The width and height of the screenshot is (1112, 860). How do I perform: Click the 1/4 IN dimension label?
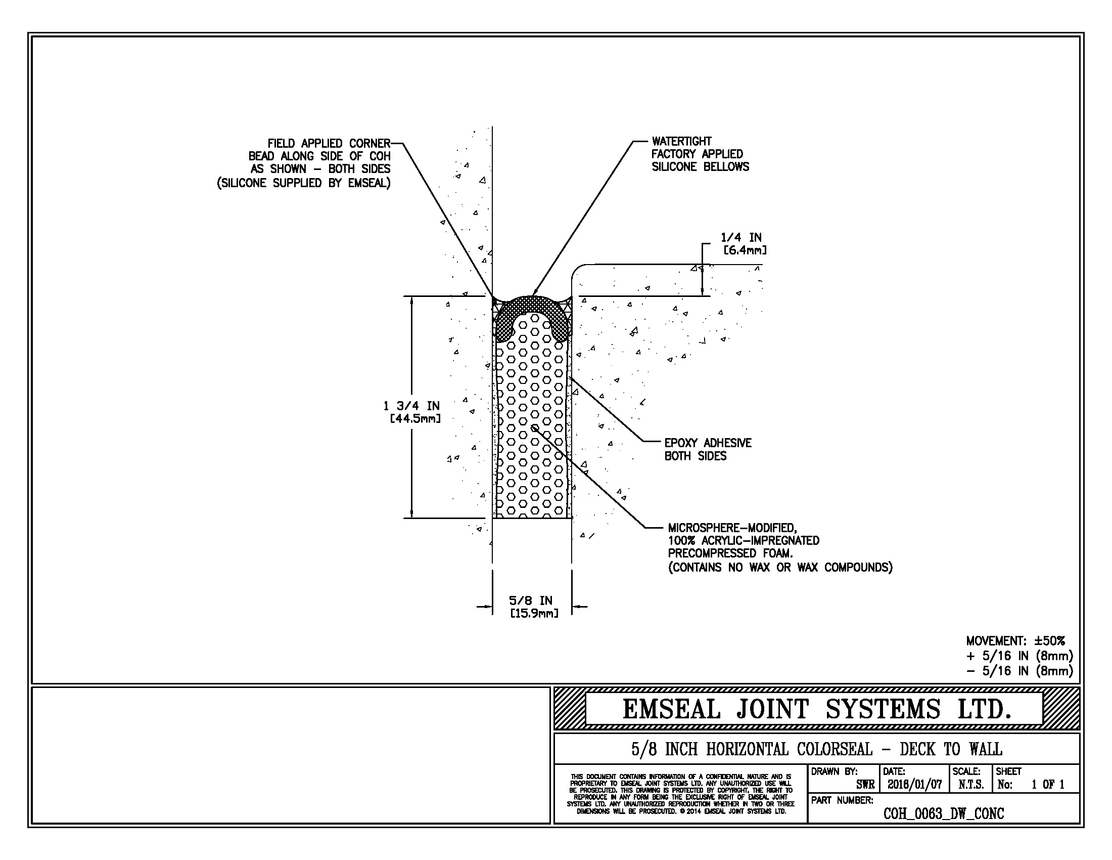tap(741, 237)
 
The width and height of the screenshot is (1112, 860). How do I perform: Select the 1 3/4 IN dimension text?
tap(411, 406)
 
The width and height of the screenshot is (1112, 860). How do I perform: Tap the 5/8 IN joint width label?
tap(531, 600)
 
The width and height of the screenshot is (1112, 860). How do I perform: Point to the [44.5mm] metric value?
tap(415, 419)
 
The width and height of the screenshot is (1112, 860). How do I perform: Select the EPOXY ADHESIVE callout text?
tap(708, 443)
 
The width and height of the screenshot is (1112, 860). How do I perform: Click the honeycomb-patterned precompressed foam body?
tap(532, 428)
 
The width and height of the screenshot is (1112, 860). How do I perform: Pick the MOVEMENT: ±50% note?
tap(1015, 641)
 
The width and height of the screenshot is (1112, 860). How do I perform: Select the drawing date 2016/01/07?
tap(914, 785)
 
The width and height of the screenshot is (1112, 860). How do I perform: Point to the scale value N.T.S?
tap(971, 785)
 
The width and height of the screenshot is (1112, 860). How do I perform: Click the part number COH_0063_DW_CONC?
tap(944, 813)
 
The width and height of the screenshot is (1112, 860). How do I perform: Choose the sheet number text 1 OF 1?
tap(1048, 785)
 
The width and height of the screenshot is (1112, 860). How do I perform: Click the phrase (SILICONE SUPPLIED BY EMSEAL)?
tap(304, 184)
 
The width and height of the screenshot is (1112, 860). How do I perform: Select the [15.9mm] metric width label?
tap(534, 614)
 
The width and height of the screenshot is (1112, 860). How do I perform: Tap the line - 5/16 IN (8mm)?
tap(1020, 671)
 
